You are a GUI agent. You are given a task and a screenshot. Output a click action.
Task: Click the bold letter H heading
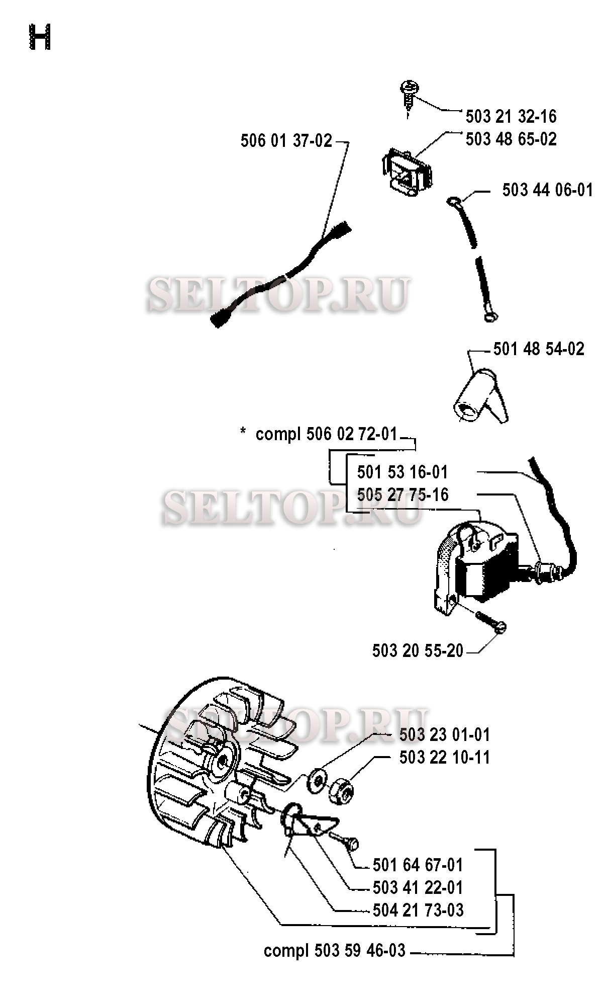[x=40, y=38]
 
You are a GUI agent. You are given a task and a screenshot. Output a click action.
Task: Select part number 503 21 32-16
[x=511, y=117]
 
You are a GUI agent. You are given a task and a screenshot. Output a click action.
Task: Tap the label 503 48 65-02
[x=511, y=139]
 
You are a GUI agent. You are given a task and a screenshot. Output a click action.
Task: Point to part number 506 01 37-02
[x=286, y=141]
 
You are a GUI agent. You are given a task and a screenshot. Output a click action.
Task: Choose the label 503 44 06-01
[x=547, y=190]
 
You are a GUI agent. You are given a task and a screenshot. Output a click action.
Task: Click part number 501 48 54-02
[x=539, y=349]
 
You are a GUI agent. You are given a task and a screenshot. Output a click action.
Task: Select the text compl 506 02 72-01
[x=326, y=434]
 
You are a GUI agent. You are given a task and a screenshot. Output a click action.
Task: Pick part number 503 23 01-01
[x=444, y=735]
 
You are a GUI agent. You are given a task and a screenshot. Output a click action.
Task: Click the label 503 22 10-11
[x=444, y=758]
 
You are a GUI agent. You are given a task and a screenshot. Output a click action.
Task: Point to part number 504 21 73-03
[x=418, y=910]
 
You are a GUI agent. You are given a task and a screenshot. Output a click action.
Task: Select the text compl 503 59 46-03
[x=334, y=951]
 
